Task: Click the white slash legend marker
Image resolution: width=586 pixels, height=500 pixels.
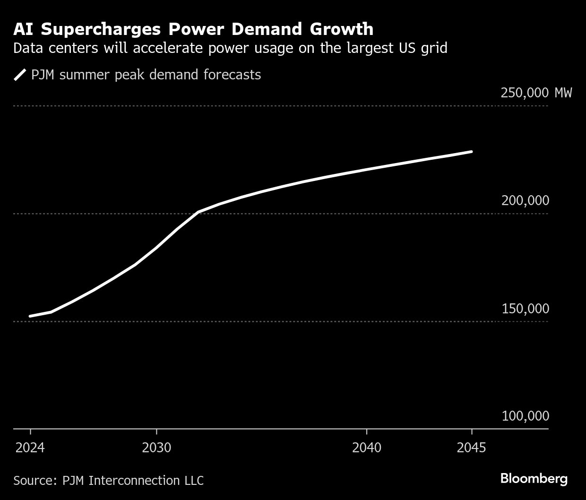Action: tap(20, 75)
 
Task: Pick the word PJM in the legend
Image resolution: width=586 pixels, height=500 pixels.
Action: tap(43, 75)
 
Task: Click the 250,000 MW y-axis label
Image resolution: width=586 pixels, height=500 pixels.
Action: tap(536, 93)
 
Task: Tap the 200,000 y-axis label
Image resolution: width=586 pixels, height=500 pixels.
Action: tap(525, 200)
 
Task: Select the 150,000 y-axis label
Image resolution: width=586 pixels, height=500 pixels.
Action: tap(525, 309)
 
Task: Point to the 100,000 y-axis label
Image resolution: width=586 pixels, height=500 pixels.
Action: tap(525, 416)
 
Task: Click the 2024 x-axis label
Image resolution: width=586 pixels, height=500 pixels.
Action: tap(30, 448)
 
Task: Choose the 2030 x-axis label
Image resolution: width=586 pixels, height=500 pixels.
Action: tap(156, 448)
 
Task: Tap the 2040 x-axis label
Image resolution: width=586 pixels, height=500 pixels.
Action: tap(367, 448)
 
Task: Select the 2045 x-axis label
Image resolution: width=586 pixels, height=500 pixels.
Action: tap(471, 448)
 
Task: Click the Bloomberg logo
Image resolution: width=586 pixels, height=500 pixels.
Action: tap(534, 479)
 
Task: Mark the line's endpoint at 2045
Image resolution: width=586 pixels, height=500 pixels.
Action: tap(472, 152)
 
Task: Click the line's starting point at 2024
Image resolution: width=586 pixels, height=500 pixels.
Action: tap(30, 316)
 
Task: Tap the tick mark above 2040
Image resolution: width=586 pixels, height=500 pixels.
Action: tap(367, 432)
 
